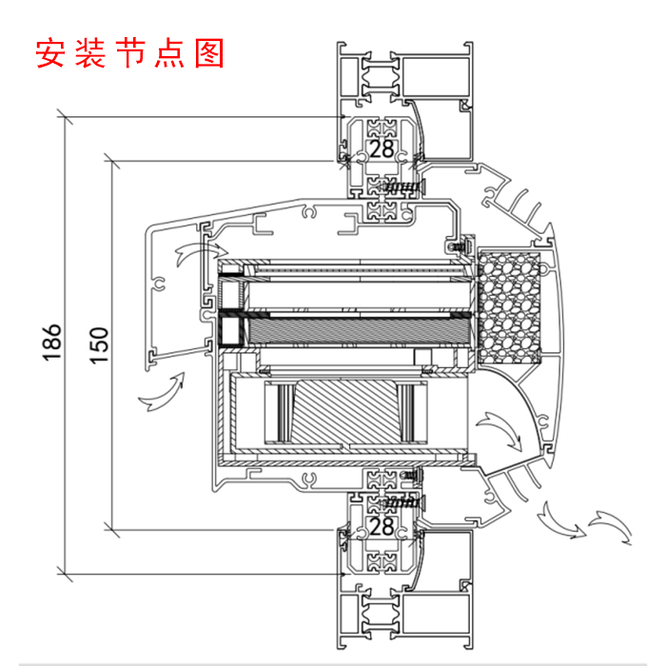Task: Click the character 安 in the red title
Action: click(50, 53)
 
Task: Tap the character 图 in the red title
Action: click(209, 53)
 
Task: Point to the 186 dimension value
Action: click(52, 343)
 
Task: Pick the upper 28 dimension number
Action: click(382, 149)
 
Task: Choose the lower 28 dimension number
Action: click(382, 525)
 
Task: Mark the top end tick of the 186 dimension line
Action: click(65, 118)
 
